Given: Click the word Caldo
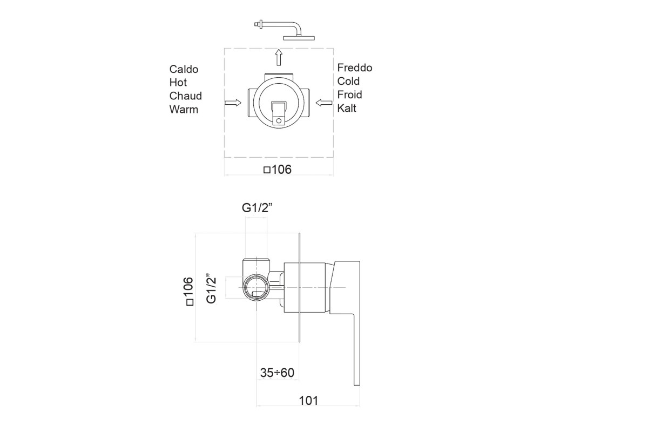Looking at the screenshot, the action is point(184,69).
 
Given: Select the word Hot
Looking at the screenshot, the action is point(178,83).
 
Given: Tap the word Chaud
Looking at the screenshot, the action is point(185,96).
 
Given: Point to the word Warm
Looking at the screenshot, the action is point(184,110).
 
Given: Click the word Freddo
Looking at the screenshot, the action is point(355,67).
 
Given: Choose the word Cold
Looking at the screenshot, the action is point(348,81).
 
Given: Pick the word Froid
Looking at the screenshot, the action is point(349,94).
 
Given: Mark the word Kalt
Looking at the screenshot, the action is point(347,108).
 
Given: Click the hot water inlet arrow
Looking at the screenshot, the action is point(233,103).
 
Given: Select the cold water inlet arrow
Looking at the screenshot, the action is point(324,103).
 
